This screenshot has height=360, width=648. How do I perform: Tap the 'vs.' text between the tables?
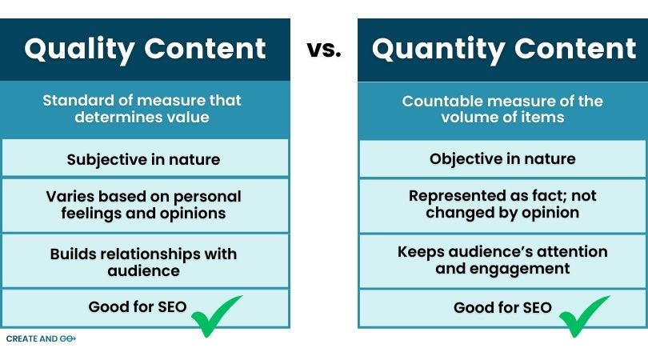tap(323, 50)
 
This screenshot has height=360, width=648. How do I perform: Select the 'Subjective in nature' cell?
tap(143, 159)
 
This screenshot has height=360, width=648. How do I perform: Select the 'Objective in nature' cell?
tap(502, 159)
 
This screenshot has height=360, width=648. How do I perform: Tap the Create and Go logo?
tap(40, 339)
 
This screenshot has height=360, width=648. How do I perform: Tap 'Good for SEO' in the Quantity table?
tap(502, 307)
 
